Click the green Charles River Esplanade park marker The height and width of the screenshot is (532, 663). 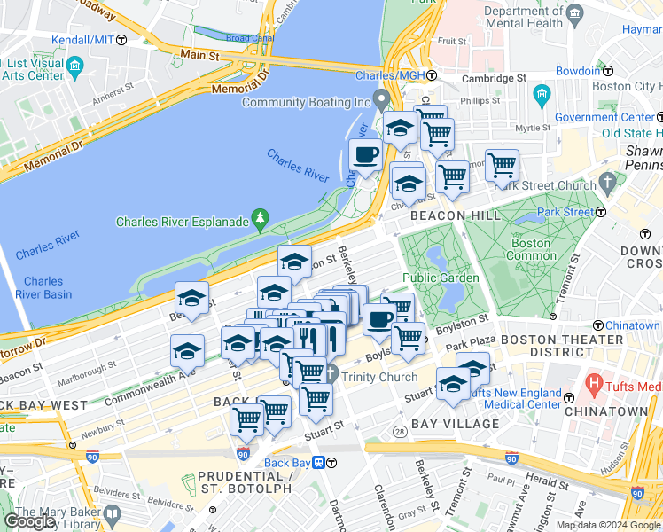click(x=260, y=216)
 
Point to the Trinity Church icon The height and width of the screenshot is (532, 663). click(x=331, y=372)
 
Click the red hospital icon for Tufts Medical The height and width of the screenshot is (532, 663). click(x=591, y=386)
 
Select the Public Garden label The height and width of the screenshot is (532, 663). click(x=441, y=278)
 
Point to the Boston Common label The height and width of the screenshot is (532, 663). click(x=531, y=249)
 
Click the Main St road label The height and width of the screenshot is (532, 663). click(x=200, y=56)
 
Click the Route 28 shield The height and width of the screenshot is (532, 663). click(x=399, y=431)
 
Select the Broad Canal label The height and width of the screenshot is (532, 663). click(x=224, y=39)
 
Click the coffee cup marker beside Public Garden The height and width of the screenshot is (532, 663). click(x=379, y=319)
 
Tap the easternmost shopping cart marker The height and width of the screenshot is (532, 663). click(x=503, y=165)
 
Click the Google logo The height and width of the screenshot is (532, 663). click(x=29, y=521)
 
